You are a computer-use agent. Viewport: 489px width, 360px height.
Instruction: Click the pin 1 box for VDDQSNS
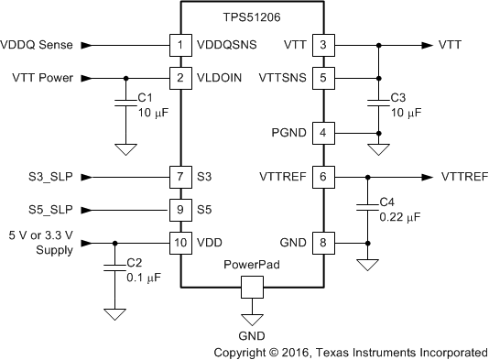[x=179, y=44]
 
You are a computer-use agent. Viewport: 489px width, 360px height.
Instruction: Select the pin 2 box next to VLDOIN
[x=179, y=78]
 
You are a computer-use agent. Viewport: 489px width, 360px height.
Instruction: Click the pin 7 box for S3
[x=179, y=176]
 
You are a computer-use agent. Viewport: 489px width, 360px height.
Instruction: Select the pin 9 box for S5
[x=179, y=209]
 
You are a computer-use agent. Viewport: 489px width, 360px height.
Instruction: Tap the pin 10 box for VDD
[x=179, y=243]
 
